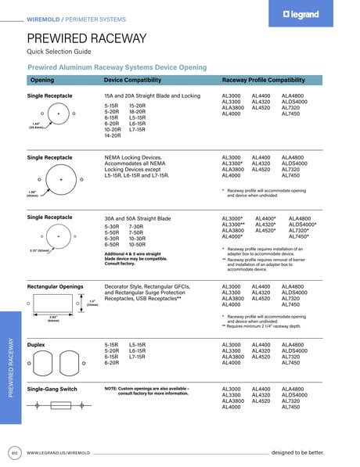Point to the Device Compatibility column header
pos(137,80)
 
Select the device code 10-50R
pos(138,245)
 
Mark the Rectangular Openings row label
pos(55,287)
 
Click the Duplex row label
pos(36,344)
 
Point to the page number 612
pos(14,453)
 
